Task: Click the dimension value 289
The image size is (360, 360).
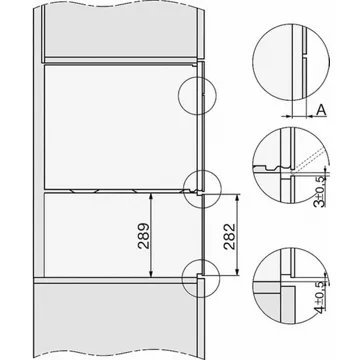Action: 143,236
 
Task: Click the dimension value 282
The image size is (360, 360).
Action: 229,236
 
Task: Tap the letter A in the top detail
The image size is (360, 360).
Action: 321,110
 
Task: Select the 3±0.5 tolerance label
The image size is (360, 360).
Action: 320,191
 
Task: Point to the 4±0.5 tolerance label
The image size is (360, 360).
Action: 319,297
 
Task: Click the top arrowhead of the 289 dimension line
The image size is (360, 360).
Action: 151,197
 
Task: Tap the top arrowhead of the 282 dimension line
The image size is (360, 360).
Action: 237,198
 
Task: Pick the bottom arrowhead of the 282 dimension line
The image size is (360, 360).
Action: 237,272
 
